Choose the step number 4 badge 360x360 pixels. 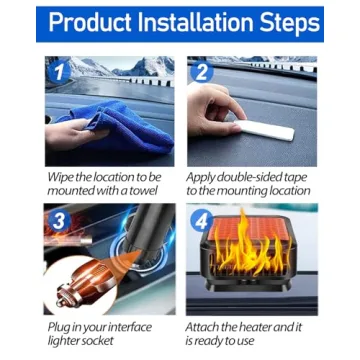click(200, 219)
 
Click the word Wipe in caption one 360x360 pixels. click(61, 176)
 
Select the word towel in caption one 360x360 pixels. click(144, 190)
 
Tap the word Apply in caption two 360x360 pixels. click(203, 176)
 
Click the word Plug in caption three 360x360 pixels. click(59, 327)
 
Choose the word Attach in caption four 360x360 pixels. click(205, 327)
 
